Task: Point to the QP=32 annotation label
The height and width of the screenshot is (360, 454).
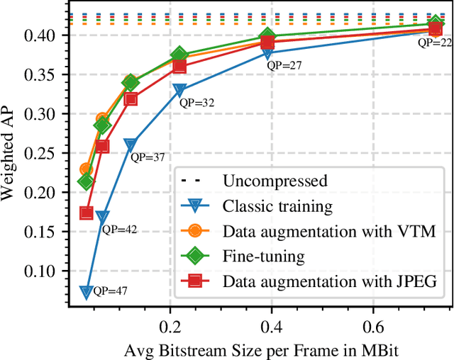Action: [196, 103]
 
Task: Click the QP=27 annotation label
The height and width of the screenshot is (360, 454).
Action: [284, 65]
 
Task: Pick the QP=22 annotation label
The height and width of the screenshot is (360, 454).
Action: [435, 43]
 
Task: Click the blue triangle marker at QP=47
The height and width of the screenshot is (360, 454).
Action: [86, 291]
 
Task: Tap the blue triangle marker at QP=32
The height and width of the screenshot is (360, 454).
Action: [179, 91]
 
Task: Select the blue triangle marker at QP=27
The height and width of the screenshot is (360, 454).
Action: [268, 53]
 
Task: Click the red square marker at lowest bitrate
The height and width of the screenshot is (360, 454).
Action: [87, 213]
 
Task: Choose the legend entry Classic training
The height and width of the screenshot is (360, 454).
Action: [277, 206]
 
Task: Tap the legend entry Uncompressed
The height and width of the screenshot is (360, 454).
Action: [275, 181]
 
